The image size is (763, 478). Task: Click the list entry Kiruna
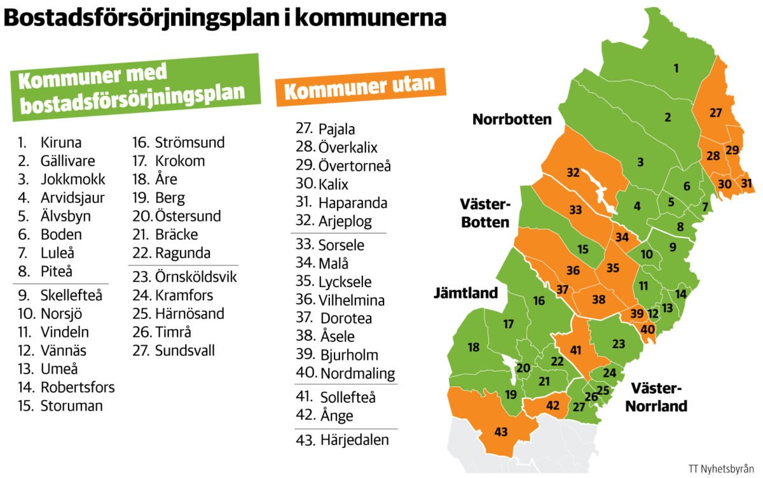(x=61, y=143)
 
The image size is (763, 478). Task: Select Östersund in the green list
(x=187, y=216)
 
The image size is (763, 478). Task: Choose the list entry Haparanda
(x=353, y=204)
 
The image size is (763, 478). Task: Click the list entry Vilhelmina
(x=352, y=300)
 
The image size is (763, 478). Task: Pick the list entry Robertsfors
(x=78, y=387)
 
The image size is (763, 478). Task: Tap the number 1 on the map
(x=676, y=68)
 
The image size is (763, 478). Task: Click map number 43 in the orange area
(x=501, y=433)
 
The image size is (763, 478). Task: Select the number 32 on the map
(x=573, y=172)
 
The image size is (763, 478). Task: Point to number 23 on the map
(x=619, y=344)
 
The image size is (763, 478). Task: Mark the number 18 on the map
(x=473, y=348)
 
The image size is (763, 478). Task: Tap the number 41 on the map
(x=576, y=350)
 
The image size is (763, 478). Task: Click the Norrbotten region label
(x=511, y=120)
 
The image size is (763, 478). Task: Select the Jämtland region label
(x=466, y=294)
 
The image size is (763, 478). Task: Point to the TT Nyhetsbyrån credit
(x=722, y=468)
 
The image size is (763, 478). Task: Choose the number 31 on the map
(x=746, y=184)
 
